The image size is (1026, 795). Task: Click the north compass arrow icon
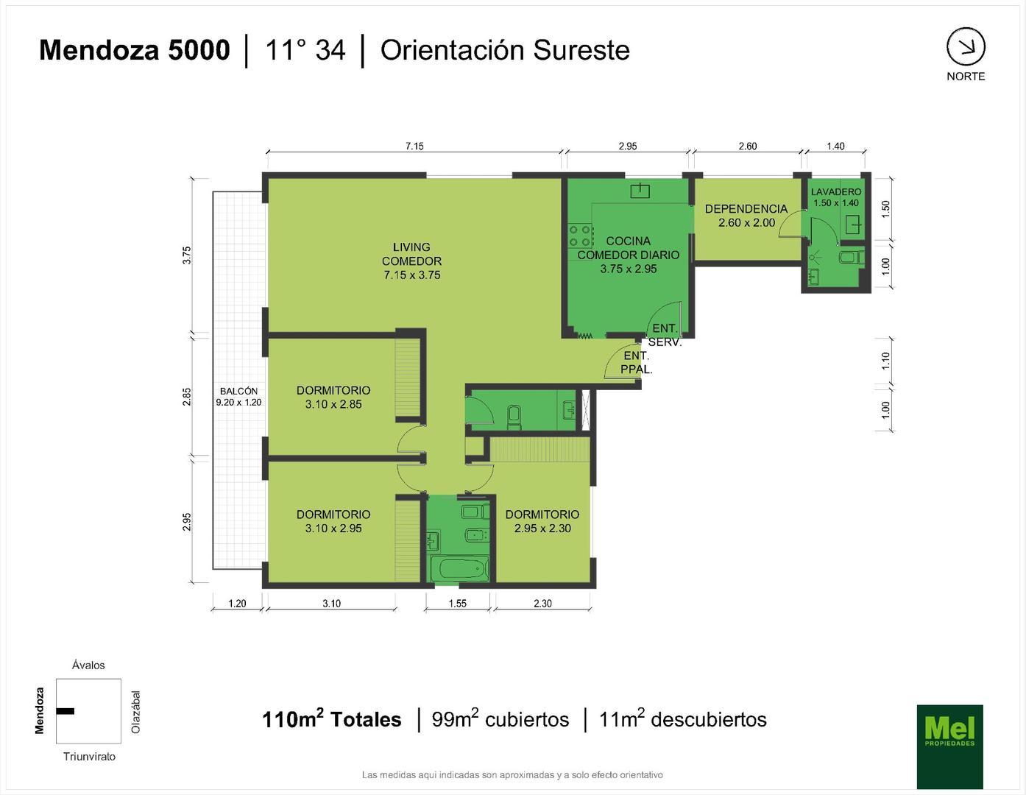pyautogui.click(x=966, y=47)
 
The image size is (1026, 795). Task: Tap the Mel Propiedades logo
pyautogui.click(x=949, y=746)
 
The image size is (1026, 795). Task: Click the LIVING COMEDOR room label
pyautogui.click(x=411, y=261)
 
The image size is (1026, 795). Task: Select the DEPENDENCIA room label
pyautogui.click(x=746, y=215)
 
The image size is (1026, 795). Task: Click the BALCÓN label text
pyautogui.click(x=238, y=396)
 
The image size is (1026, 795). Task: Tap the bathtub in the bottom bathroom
pyautogui.click(x=459, y=568)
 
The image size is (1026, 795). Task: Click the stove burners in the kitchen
pyautogui.click(x=581, y=236)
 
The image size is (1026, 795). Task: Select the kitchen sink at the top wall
pyautogui.click(x=640, y=191)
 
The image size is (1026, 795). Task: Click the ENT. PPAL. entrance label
pyautogui.click(x=636, y=362)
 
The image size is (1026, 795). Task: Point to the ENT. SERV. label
pyautogui.click(x=665, y=335)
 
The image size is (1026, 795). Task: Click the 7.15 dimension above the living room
pyautogui.click(x=414, y=146)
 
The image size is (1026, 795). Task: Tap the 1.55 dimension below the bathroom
pyautogui.click(x=458, y=603)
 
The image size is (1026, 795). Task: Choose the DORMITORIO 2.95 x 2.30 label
pyautogui.click(x=542, y=521)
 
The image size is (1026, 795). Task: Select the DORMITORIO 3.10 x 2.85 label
pyautogui.click(x=333, y=397)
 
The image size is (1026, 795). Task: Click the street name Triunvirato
pyautogui.click(x=89, y=756)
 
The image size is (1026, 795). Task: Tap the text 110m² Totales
pyautogui.click(x=331, y=719)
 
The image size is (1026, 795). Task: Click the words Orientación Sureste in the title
pyautogui.click(x=505, y=50)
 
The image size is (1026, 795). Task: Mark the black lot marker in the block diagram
pyautogui.click(x=66, y=710)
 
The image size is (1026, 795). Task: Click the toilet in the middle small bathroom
pyautogui.click(x=514, y=417)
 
